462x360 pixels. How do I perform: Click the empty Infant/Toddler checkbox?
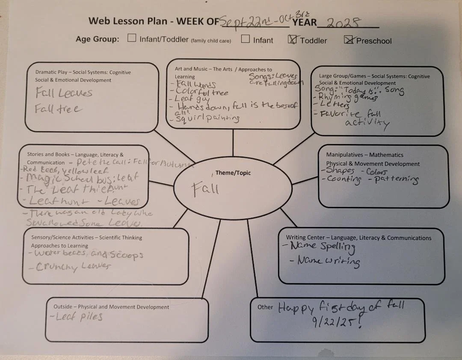click(x=132, y=39)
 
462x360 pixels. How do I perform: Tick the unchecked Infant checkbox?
click(x=245, y=39)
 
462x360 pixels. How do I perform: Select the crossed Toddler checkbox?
click(x=293, y=40)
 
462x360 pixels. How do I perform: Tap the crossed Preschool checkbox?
click(x=349, y=40)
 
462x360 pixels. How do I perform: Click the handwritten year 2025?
click(x=343, y=23)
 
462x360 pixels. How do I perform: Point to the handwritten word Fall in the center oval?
click(x=205, y=188)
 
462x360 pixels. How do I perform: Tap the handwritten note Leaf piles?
click(x=79, y=317)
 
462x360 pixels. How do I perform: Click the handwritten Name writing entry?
click(x=329, y=261)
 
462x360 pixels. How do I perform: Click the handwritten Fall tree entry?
click(x=58, y=109)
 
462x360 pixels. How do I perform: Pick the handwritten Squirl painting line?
click(x=208, y=118)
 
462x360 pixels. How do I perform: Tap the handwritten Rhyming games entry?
click(x=347, y=98)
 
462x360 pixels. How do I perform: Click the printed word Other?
click(x=265, y=307)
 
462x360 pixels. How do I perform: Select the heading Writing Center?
click(x=306, y=238)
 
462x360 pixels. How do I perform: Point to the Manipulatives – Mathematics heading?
click(x=365, y=155)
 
